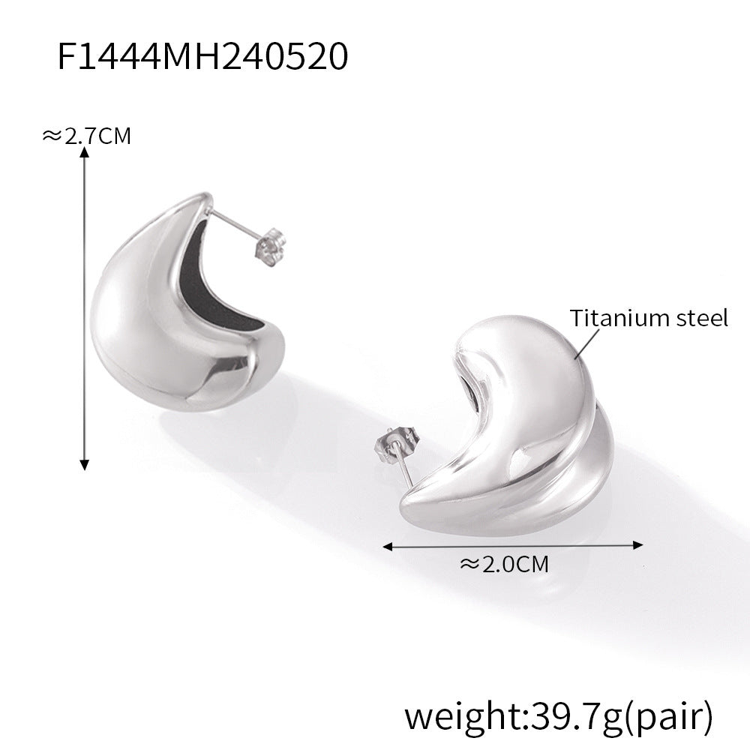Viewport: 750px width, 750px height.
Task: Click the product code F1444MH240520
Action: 202,56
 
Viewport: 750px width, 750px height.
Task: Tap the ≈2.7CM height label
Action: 86,136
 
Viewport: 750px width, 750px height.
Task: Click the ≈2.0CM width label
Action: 504,565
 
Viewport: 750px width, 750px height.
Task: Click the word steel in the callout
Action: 705,318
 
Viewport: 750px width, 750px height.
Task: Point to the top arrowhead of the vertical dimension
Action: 85,152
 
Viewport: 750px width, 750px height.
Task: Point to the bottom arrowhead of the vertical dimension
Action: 85,464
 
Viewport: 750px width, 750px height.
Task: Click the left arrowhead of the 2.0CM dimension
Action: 388,546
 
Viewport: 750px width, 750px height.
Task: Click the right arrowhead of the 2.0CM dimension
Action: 638,544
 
